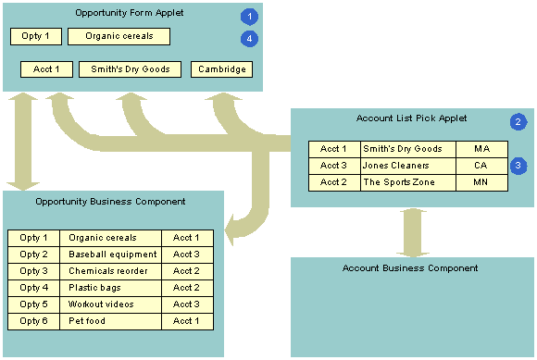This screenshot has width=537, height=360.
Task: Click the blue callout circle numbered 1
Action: pyautogui.click(x=248, y=17)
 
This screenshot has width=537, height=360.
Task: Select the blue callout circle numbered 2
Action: pyautogui.click(x=518, y=122)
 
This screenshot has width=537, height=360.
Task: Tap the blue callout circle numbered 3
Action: pyautogui.click(x=518, y=166)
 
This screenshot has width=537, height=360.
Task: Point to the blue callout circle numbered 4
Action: pyautogui.click(x=248, y=38)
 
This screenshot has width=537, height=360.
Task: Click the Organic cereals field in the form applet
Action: pyautogui.click(x=119, y=36)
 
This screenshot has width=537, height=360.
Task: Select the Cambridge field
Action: pyautogui.click(x=221, y=69)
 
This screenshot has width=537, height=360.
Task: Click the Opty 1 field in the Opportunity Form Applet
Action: pyautogui.click(x=35, y=36)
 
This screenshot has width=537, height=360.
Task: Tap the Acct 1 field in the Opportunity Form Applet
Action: pyautogui.click(x=46, y=69)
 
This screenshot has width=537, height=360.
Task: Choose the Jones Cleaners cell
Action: pyautogui.click(x=408, y=166)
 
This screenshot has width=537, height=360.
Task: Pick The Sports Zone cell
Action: pyautogui.click(x=408, y=182)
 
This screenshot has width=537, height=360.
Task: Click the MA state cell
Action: pyautogui.click(x=481, y=149)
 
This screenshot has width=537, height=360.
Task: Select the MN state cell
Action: pyautogui.click(x=481, y=182)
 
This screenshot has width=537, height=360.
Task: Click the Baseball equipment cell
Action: pyautogui.click(x=111, y=254)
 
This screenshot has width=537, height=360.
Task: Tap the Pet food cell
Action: pyautogui.click(x=111, y=321)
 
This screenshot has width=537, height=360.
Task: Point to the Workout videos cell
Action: pyautogui.click(x=111, y=304)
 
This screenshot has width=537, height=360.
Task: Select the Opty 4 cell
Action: pyautogui.click(x=34, y=288)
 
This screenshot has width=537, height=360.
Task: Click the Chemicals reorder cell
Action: pyautogui.click(x=111, y=271)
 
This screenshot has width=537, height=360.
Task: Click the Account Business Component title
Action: pyautogui.click(x=410, y=268)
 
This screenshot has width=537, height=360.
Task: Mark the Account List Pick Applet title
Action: pyautogui.click(x=411, y=118)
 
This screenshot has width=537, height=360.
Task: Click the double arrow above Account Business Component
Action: pyautogui.click(x=413, y=231)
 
